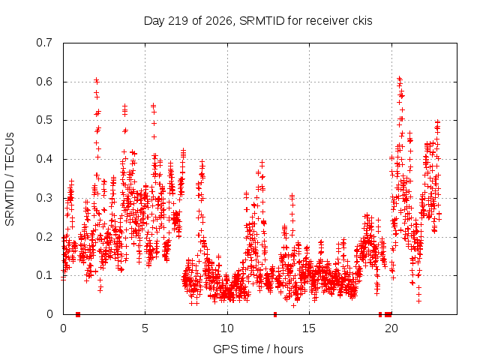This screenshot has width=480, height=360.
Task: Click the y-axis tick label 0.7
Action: [44, 43]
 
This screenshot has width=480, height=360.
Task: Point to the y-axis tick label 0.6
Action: [44, 82]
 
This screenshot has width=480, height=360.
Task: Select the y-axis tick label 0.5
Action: [44, 120]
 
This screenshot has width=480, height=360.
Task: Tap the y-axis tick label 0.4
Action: [44, 159]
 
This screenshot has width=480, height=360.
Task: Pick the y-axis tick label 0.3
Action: [44, 198]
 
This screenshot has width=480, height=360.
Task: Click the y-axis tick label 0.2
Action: [44, 237]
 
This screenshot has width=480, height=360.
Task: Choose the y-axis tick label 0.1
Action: [44, 275]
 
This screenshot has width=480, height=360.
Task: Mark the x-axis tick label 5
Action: [145, 328]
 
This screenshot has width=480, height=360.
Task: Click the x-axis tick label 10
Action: [227, 328]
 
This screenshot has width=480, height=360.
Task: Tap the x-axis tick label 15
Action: [309, 328]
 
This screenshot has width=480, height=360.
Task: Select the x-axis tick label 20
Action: [391, 328]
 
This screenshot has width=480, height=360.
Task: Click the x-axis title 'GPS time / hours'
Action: [258, 349]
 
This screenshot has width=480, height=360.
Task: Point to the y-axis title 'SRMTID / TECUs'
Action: [10, 179]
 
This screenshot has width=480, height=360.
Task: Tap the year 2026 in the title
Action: [218, 21]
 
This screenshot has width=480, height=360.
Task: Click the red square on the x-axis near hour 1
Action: [78, 314]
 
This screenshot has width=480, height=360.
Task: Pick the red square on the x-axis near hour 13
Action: [275, 314]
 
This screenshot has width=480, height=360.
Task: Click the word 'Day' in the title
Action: [154, 21]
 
